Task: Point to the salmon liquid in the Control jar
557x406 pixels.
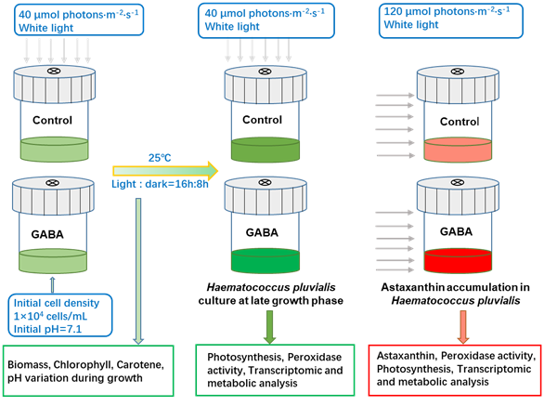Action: tap(461, 148)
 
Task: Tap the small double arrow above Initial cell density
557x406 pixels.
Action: tap(53, 280)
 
